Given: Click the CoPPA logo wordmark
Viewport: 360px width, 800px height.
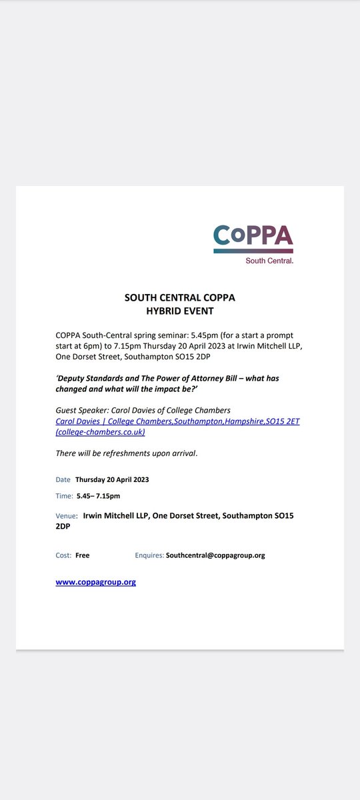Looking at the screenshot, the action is click(253, 235).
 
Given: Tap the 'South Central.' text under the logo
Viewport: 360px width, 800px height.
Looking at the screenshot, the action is click(270, 260).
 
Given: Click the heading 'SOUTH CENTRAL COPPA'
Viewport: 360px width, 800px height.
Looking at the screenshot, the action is click(179, 298).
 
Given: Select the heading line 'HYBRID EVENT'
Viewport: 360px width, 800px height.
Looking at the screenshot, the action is click(179, 310).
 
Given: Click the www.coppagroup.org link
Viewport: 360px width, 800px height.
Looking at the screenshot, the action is click(95, 582).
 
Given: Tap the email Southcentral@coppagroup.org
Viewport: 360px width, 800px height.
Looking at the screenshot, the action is click(215, 555).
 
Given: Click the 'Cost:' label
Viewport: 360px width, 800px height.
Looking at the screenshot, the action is click(63, 555).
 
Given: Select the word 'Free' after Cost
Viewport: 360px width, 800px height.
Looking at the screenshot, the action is click(82, 555).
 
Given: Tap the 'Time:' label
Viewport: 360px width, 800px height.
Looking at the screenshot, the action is click(64, 495).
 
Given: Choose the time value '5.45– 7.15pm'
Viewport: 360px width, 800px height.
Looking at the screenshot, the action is click(98, 495).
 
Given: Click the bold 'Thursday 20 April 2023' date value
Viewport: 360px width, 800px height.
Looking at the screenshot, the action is click(113, 479).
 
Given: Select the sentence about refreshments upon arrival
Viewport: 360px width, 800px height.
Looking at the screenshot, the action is click(127, 453).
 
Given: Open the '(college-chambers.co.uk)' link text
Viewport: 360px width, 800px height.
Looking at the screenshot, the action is click(100, 431).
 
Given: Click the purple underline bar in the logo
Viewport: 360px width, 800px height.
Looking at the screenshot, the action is click(253, 251).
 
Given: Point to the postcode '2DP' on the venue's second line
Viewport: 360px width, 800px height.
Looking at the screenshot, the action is click(63, 526).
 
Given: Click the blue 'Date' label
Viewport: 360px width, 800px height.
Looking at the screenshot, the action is click(62, 479).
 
